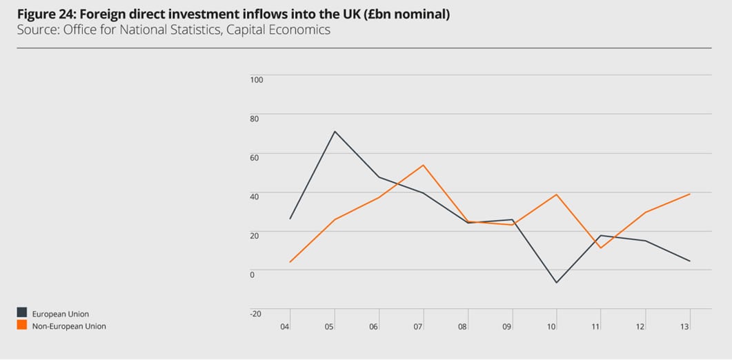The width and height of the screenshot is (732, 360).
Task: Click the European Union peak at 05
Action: [335, 131]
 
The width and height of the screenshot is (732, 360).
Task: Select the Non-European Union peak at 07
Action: [423, 165]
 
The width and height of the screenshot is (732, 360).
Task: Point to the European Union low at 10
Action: [556, 283]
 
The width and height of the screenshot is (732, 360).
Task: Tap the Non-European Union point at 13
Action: [690, 194]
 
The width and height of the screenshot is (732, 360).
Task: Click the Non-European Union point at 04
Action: [290, 262]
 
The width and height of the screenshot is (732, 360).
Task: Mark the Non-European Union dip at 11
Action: [601, 248]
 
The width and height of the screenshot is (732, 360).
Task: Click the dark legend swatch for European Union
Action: [21, 314]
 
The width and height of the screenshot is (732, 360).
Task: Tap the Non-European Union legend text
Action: [69, 326]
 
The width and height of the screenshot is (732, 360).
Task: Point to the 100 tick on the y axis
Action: [257, 79]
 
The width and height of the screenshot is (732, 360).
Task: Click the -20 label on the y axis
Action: [255, 313]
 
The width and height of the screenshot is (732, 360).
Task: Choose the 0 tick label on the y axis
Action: [253, 274]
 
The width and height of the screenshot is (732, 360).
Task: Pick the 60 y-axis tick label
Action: [255, 157]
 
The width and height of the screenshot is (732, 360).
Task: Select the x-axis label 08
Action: [463, 326]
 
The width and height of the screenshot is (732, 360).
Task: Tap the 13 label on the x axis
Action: [685, 326]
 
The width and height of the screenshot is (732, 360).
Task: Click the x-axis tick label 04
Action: [285, 326]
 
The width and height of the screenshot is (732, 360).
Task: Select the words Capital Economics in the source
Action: [283, 30]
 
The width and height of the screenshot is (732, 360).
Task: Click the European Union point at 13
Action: [690, 261]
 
